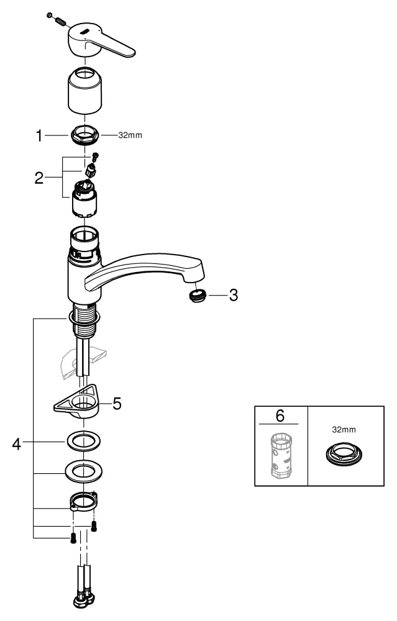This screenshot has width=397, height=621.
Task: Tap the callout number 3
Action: (x=233, y=296)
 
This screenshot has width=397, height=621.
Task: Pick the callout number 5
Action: (x=117, y=404)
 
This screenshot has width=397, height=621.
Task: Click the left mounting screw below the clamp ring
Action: (x=73, y=538)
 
